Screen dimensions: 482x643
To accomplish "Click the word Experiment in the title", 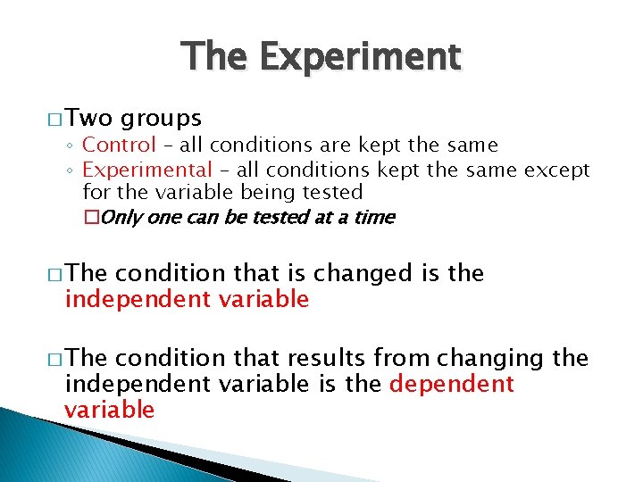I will (361, 57).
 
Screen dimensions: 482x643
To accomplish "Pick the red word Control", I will (119, 145).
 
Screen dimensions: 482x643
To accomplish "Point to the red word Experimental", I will (147, 170).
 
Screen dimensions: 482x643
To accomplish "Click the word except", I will (557, 170).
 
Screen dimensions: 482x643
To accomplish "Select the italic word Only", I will (122, 217).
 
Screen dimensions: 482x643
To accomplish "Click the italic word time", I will (374, 217).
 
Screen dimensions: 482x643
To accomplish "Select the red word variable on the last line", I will (109, 410).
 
